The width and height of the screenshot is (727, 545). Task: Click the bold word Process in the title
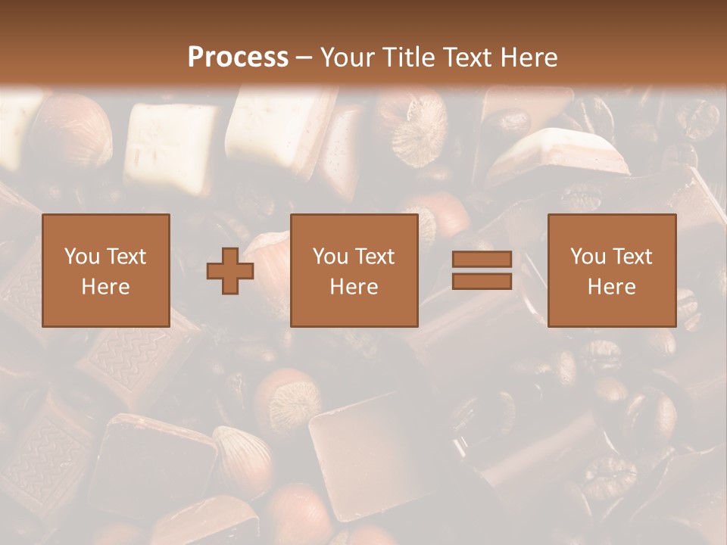tap(238, 58)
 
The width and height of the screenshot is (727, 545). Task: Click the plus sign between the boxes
tap(230, 271)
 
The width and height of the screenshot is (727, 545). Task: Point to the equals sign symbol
tap(482, 270)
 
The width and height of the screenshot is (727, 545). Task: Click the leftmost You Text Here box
tap(106, 271)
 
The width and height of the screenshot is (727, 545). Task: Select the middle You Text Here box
tap(354, 271)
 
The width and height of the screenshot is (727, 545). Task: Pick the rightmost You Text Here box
tap(612, 271)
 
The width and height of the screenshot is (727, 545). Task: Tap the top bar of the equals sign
tap(482, 260)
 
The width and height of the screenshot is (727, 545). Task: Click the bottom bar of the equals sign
tap(482, 281)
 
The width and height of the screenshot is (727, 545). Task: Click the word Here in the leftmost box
tap(106, 287)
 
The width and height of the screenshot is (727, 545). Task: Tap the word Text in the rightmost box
tap(633, 257)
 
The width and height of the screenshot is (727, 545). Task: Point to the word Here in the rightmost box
tap(612, 287)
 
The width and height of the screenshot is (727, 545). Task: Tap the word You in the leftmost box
tap(82, 257)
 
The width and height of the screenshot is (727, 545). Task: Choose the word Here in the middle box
tap(354, 287)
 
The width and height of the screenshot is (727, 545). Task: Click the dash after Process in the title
tap(304, 58)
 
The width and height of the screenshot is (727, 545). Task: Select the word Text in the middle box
tap(376, 257)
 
